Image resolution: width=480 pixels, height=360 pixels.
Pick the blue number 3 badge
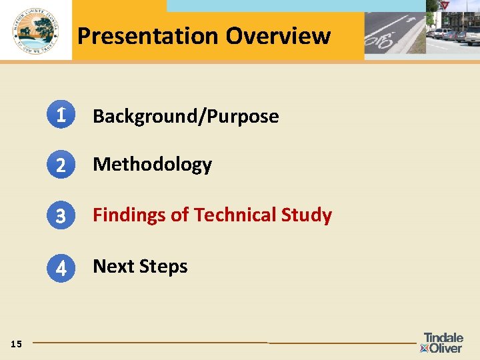[x=61, y=216]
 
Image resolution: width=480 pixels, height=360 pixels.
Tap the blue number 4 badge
[x=61, y=268]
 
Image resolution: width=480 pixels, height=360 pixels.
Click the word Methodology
[x=152, y=165]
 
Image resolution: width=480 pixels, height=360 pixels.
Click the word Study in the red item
[x=307, y=215]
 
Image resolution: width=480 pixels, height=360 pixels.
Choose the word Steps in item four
[x=165, y=267]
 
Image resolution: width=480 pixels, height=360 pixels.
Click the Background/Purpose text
[x=185, y=117]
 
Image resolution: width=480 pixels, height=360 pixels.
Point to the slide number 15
[x=17, y=344]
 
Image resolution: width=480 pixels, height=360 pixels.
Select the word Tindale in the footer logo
[x=443, y=338]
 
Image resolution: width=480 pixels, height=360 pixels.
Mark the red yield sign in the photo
[x=445, y=5]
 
